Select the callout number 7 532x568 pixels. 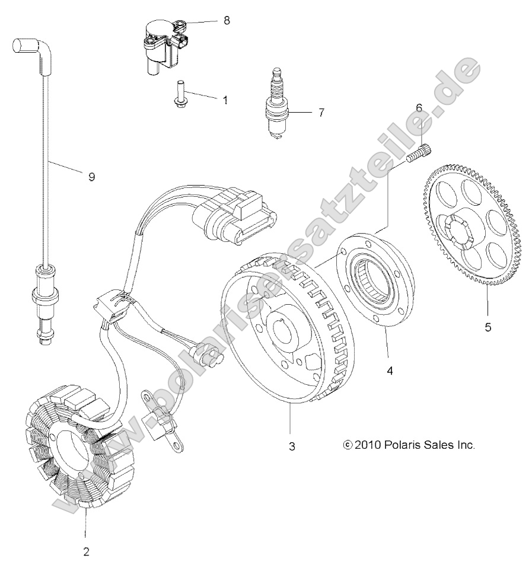point(321,112)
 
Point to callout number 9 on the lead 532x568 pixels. point(91,177)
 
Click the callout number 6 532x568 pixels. point(419,108)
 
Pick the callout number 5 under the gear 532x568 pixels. point(488,327)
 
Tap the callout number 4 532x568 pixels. point(390,371)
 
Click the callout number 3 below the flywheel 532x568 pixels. point(291,446)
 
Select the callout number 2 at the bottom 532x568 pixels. point(86,551)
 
